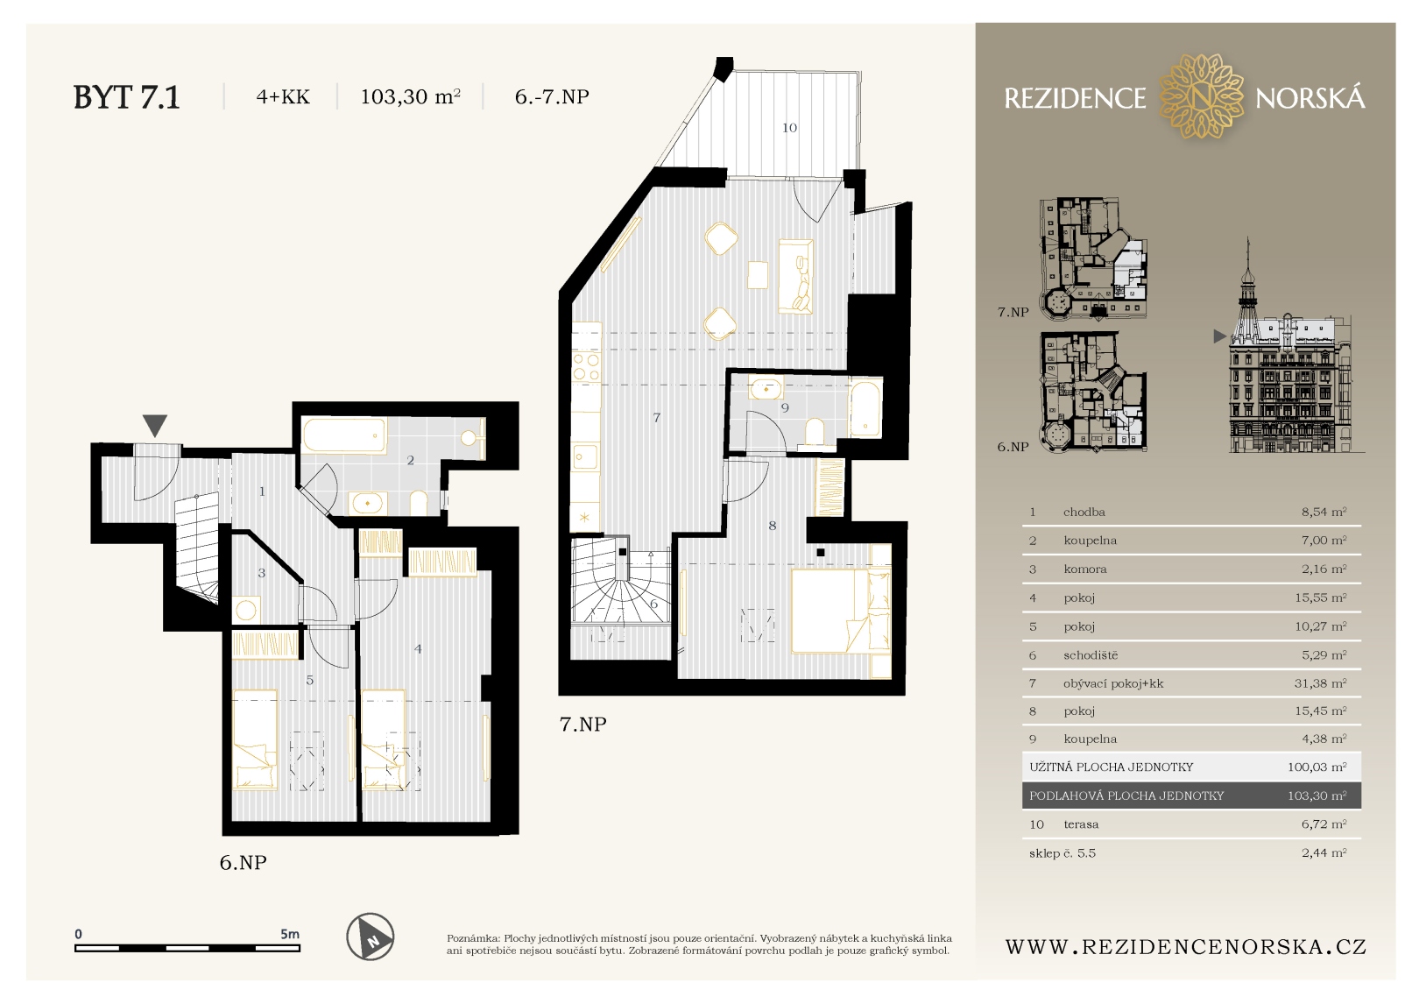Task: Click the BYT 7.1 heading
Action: click(x=127, y=97)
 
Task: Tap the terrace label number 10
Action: click(x=789, y=128)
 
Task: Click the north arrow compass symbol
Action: click(x=371, y=937)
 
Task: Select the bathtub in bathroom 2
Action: click(x=344, y=435)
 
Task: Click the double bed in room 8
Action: click(x=841, y=611)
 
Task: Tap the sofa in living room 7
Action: click(x=795, y=276)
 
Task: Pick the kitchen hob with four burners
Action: click(x=586, y=367)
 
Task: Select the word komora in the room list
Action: click(x=1085, y=569)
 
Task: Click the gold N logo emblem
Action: click(x=1200, y=97)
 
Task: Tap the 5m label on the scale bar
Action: click(x=290, y=934)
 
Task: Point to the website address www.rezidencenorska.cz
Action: click(x=1185, y=946)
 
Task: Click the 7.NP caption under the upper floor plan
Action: click(x=582, y=724)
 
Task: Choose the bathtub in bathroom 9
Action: click(x=865, y=408)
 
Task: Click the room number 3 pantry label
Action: click(x=262, y=573)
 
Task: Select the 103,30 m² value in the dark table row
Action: click(x=1317, y=795)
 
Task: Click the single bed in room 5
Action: click(x=255, y=739)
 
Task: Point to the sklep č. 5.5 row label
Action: click(x=1062, y=853)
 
